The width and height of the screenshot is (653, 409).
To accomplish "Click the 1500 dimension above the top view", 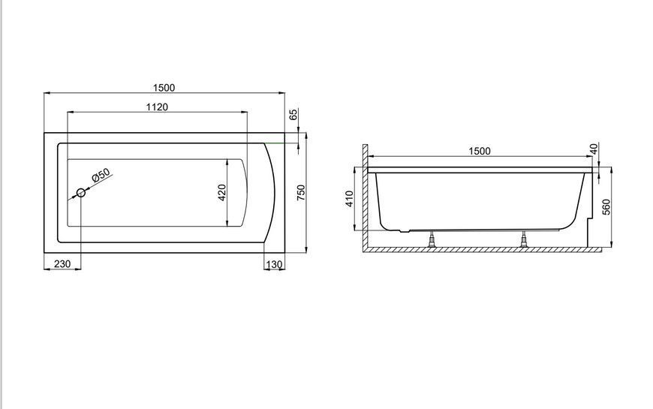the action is [x=164, y=88].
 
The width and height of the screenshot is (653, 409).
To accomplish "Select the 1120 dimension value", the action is [x=157, y=107].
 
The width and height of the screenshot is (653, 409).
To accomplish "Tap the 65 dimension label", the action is [x=293, y=115].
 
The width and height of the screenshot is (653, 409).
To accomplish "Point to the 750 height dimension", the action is [x=301, y=192].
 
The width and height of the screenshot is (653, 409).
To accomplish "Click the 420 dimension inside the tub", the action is [x=222, y=193].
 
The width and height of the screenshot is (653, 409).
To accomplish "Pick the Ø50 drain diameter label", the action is [x=101, y=175].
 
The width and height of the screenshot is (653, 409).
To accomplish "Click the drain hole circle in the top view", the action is [x=81, y=192].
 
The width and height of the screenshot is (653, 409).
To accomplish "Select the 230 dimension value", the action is [x=62, y=263].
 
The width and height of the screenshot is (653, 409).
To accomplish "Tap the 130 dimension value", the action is [x=274, y=264].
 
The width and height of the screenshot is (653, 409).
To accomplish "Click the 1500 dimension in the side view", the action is [x=480, y=151].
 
